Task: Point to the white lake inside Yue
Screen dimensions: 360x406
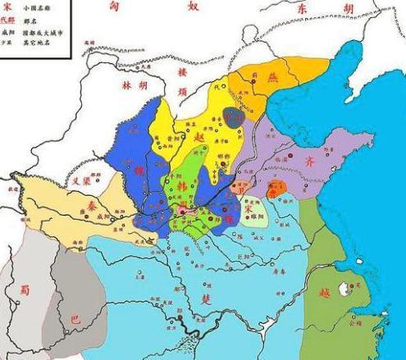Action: [x=355, y=286]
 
